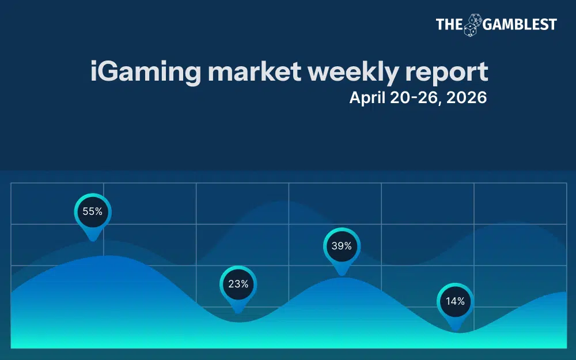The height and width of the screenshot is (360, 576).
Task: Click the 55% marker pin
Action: (92, 212)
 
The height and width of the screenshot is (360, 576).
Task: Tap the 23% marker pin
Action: (238, 284)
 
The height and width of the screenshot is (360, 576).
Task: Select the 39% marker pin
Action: (342, 246)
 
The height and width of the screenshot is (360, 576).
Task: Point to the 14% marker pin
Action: (455, 301)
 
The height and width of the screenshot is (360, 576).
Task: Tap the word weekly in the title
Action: (352, 73)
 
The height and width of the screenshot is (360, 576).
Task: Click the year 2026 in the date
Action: (467, 98)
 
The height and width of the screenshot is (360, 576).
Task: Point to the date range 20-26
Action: (412, 98)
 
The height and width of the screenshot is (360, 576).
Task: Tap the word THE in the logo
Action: (449, 24)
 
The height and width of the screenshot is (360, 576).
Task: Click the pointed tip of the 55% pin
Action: (92, 240)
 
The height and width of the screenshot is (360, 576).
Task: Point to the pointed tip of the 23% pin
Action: (238, 312)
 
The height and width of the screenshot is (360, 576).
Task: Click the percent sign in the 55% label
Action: (99, 211)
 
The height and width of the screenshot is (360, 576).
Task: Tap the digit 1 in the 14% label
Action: (447, 301)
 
